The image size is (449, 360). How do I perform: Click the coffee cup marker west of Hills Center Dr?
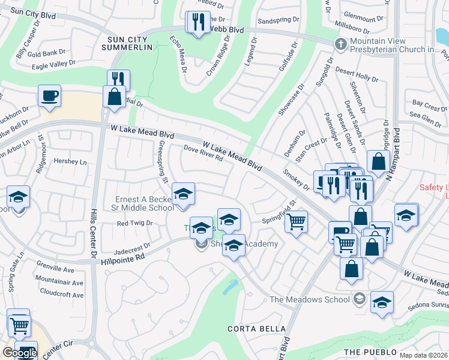tap(49, 95)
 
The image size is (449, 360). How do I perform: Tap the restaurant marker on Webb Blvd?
tap(198, 22)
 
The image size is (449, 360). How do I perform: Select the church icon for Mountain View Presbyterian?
tap(340, 43)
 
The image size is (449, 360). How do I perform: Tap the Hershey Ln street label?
tap(70, 162)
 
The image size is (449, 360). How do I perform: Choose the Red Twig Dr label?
tap(134, 223)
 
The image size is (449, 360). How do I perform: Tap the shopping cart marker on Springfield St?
tap(297, 221)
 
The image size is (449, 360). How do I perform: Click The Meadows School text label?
tap(309, 299)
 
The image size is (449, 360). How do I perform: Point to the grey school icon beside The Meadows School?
tap(358, 298)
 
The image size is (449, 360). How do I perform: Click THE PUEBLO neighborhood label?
tap(370, 351)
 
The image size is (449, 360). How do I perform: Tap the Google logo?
tap(20, 353)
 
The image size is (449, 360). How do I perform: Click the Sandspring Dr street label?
tap(277, 20)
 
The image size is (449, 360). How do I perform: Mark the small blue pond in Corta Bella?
tap(229, 287)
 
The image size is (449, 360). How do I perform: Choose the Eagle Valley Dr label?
tap(53, 62)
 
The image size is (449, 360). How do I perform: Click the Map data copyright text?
tap(423, 355)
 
